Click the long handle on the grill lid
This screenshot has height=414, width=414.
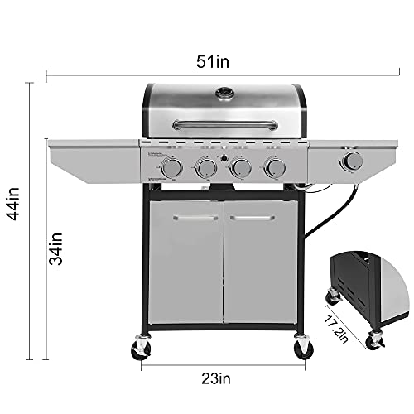tap(224, 125)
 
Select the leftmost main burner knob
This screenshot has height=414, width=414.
tap(172, 167)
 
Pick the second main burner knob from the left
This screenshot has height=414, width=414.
tap(206, 168)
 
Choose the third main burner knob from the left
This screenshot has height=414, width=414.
tap(240, 168)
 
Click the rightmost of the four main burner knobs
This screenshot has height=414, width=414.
tap(274, 168)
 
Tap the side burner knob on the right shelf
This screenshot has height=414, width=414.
tap(354, 161)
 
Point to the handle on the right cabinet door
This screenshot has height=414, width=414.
tap(253, 219)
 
